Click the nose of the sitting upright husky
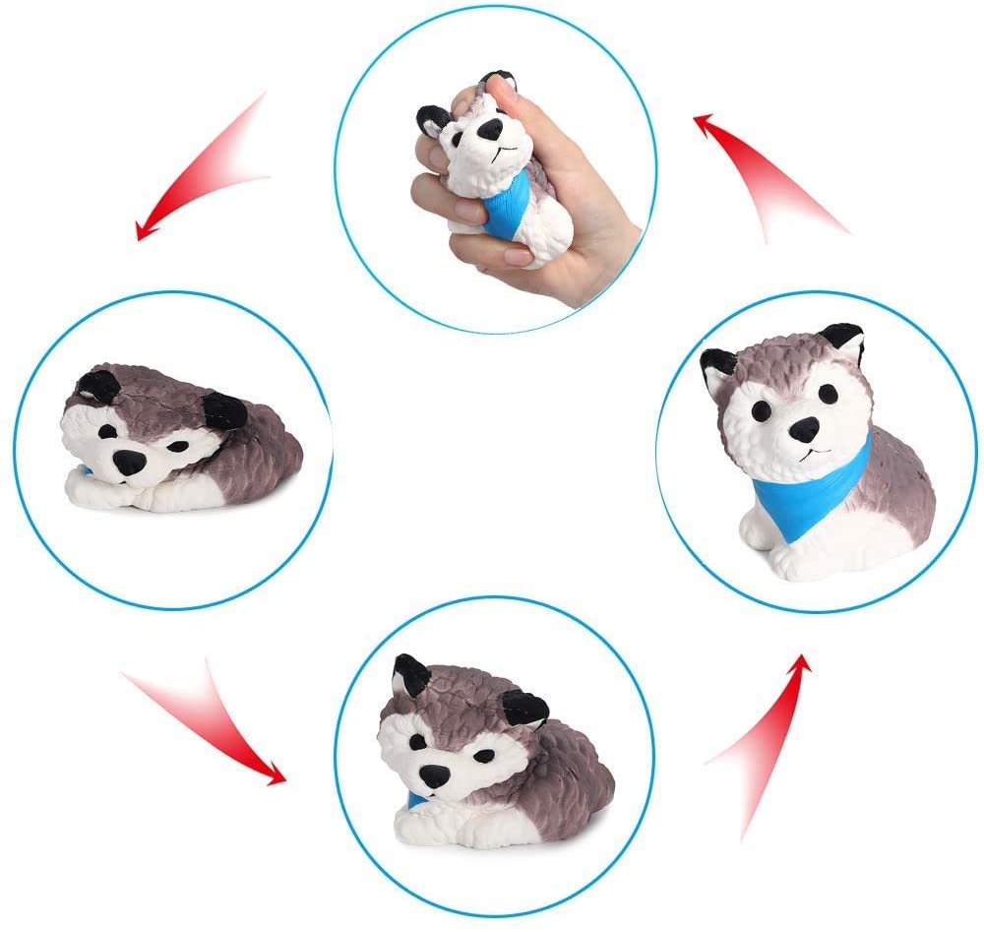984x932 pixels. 803,429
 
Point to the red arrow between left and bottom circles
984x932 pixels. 207,723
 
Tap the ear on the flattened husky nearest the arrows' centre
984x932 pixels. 223,409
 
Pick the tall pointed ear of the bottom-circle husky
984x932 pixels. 410,675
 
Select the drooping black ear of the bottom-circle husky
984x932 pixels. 523,708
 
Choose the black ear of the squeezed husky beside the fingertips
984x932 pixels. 434,121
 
